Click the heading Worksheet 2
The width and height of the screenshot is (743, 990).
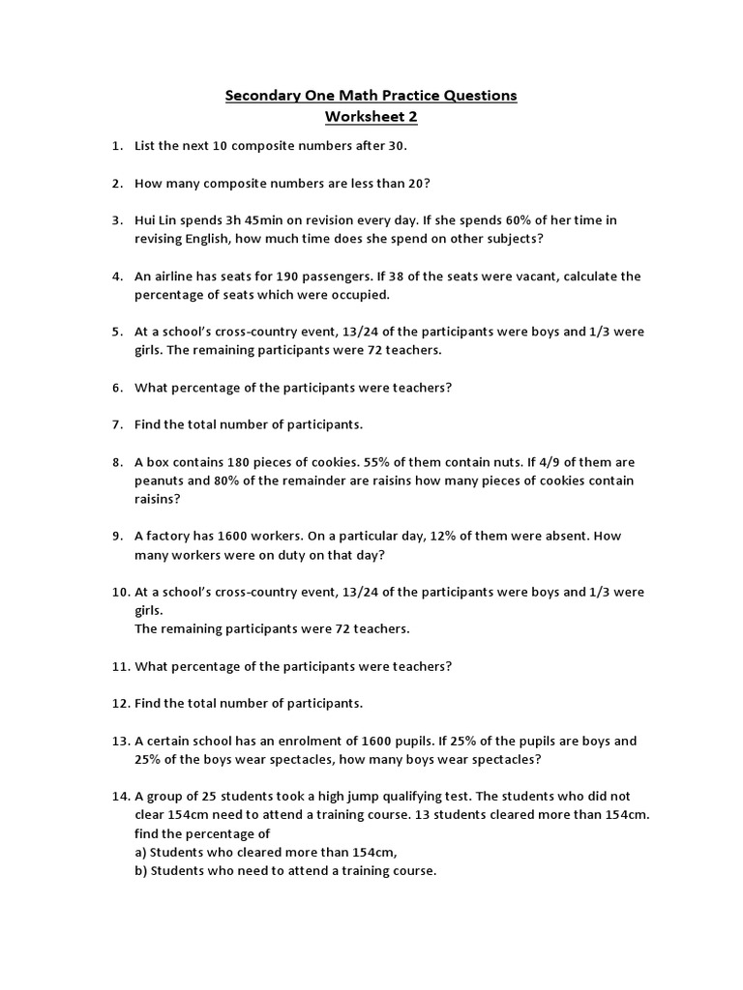371,116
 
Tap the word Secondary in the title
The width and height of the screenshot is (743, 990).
259,96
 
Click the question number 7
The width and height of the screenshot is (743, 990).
116,424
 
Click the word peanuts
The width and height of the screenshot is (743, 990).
161,480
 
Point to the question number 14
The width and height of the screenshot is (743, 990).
119,797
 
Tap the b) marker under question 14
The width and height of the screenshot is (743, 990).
142,870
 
